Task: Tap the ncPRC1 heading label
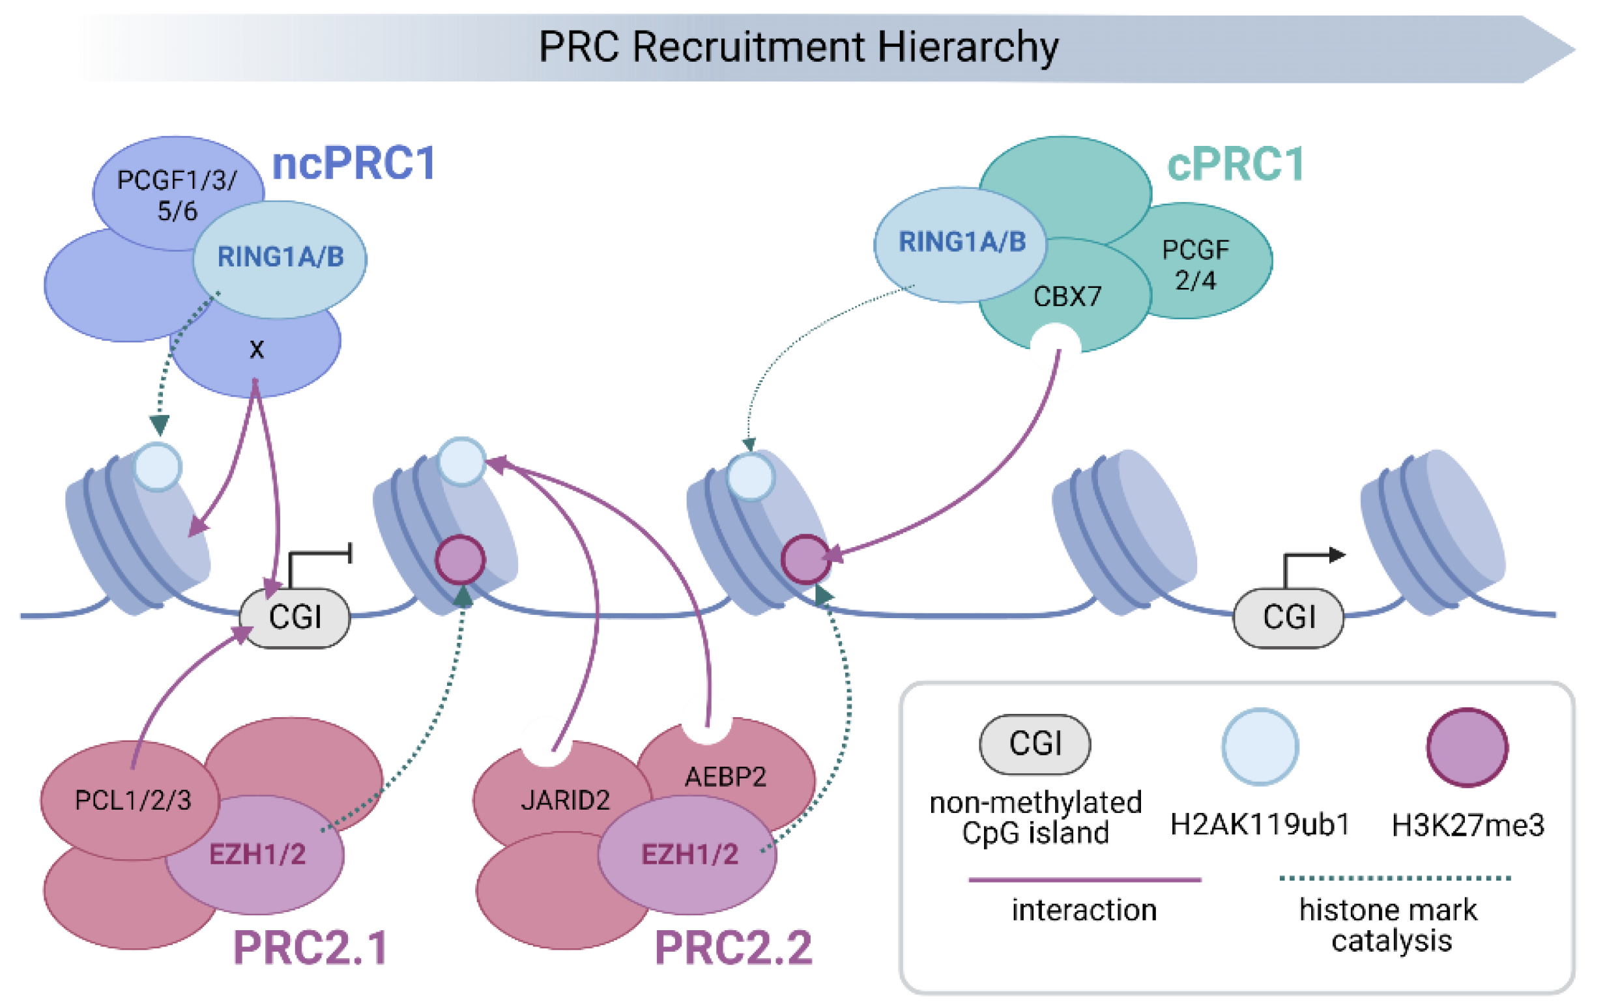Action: [354, 163]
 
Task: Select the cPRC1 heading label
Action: [1235, 165]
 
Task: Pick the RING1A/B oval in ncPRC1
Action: [280, 257]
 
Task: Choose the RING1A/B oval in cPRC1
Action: [961, 242]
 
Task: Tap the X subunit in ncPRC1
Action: [257, 350]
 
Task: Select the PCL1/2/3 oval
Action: [132, 800]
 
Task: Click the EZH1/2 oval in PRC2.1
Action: [257, 855]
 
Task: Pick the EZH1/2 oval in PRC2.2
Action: [689, 855]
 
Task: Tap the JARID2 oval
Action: [565, 800]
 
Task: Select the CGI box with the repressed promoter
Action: [295, 617]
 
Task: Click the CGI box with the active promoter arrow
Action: [1288, 617]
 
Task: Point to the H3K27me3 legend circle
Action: [1466, 747]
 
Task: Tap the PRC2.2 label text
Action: [733, 948]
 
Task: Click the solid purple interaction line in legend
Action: [1084, 880]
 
